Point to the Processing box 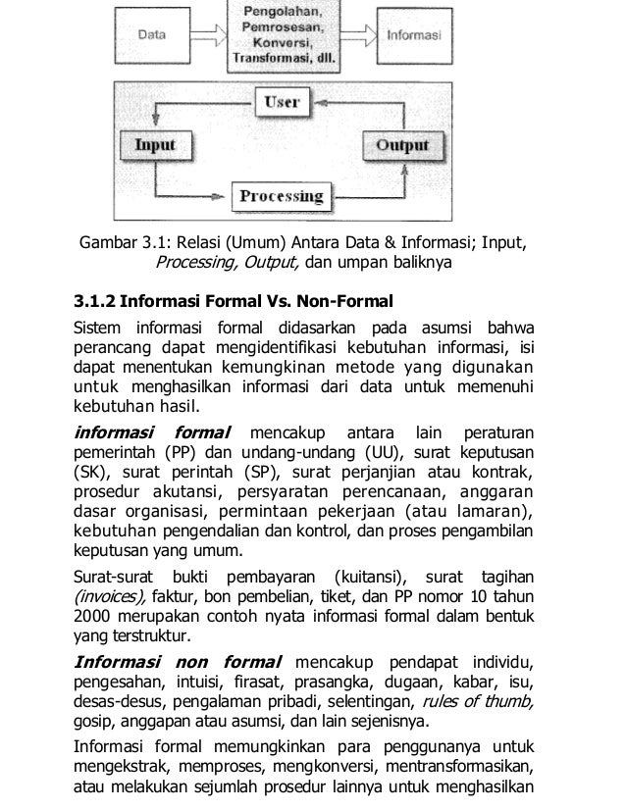point(281,195)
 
